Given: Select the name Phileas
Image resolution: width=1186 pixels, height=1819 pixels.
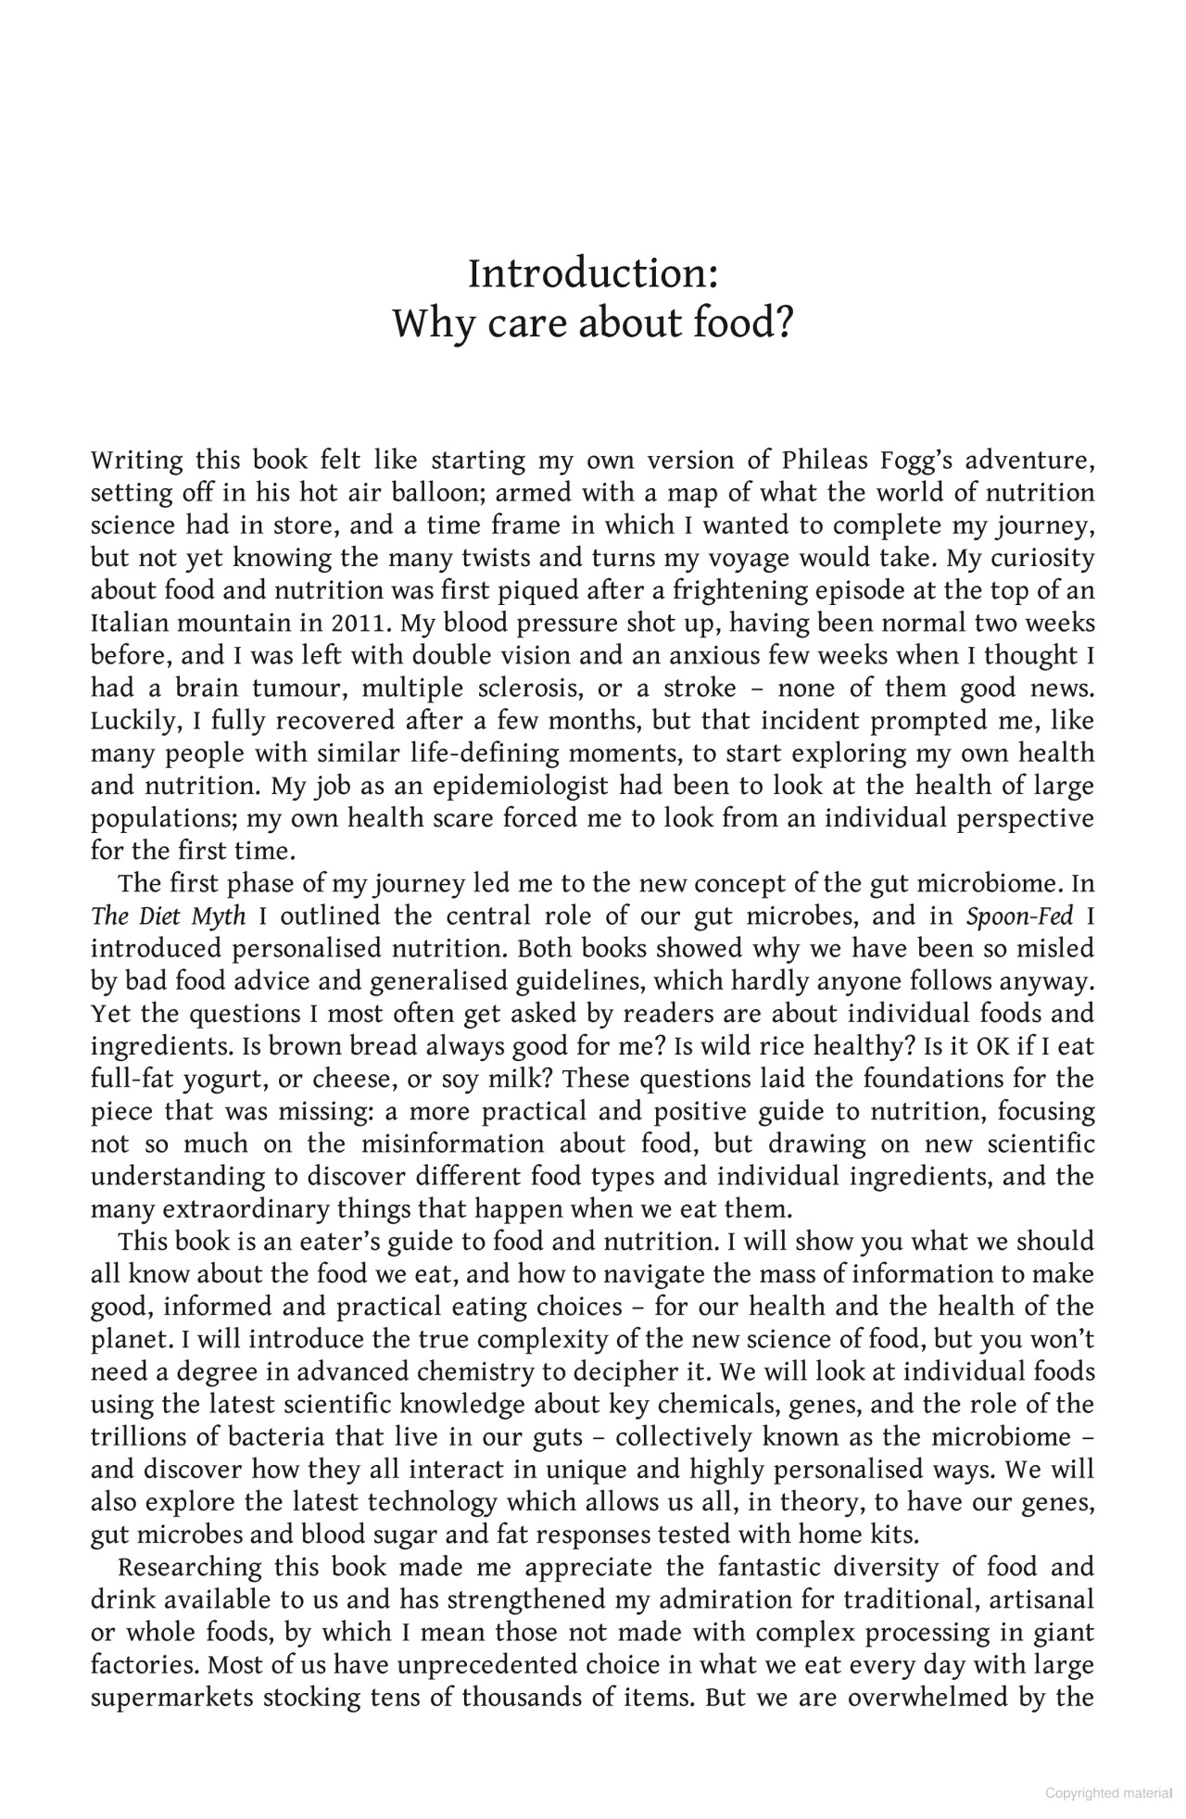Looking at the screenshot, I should coord(824,461).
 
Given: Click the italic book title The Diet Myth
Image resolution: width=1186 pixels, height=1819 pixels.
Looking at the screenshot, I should coord(169,916).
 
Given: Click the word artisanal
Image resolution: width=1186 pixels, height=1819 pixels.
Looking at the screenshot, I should coord(1042,1600).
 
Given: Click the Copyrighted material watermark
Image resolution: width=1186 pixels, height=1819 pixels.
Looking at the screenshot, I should coord(1108,1794).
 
